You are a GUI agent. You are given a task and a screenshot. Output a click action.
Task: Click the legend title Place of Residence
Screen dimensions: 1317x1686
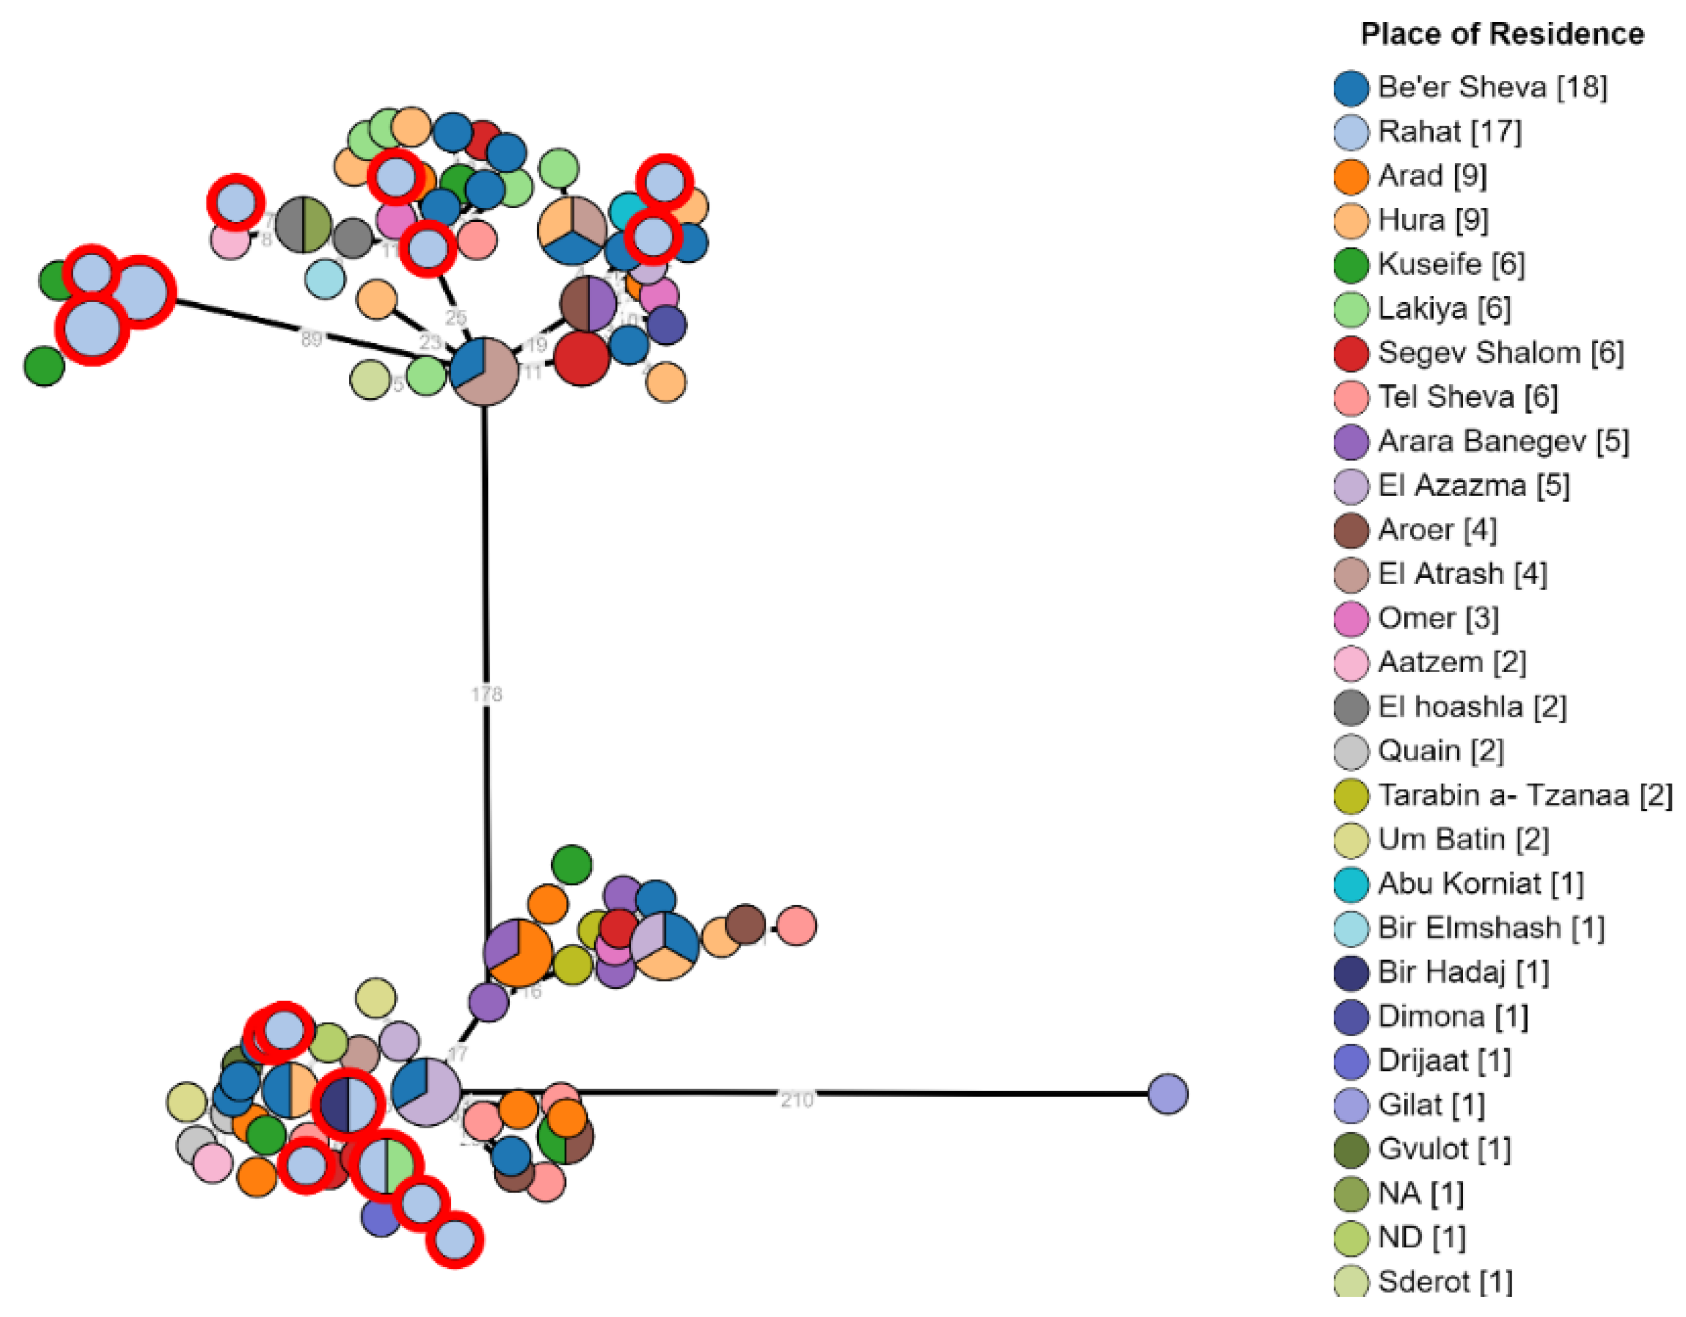(x=1502, y=35)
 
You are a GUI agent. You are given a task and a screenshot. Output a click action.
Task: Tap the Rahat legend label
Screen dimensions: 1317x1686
(x=1450, y=132)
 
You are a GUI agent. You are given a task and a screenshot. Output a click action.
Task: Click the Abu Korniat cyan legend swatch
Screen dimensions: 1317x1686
(x=1351, y=884)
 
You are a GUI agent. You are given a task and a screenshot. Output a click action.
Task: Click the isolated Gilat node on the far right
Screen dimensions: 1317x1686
(x=1167, y=1094)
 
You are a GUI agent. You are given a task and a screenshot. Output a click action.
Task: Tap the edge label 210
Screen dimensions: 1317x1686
(x=797, y=1099)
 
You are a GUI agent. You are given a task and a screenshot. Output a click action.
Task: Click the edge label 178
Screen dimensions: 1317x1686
(x=487, y=694)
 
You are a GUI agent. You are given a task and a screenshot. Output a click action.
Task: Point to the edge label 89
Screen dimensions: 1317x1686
(x=311, y=338)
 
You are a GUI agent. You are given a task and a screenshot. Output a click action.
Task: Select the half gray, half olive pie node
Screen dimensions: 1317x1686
(x=303, y=225)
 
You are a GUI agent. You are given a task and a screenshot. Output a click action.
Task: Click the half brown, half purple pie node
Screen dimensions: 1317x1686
(x=588, y=304)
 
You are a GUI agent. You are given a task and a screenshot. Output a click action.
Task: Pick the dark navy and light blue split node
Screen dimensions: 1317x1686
(x=348, y=1105)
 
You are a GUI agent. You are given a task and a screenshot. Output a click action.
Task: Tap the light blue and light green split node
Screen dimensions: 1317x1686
(x=387, y=1166)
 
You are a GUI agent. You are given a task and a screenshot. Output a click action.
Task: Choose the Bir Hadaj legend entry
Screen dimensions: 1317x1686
(x=1463, y=972)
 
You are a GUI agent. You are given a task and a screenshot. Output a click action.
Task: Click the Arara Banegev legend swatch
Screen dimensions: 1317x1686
(x=1351, y=441)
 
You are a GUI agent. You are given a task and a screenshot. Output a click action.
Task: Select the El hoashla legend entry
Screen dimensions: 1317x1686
(x=1471, y=707)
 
